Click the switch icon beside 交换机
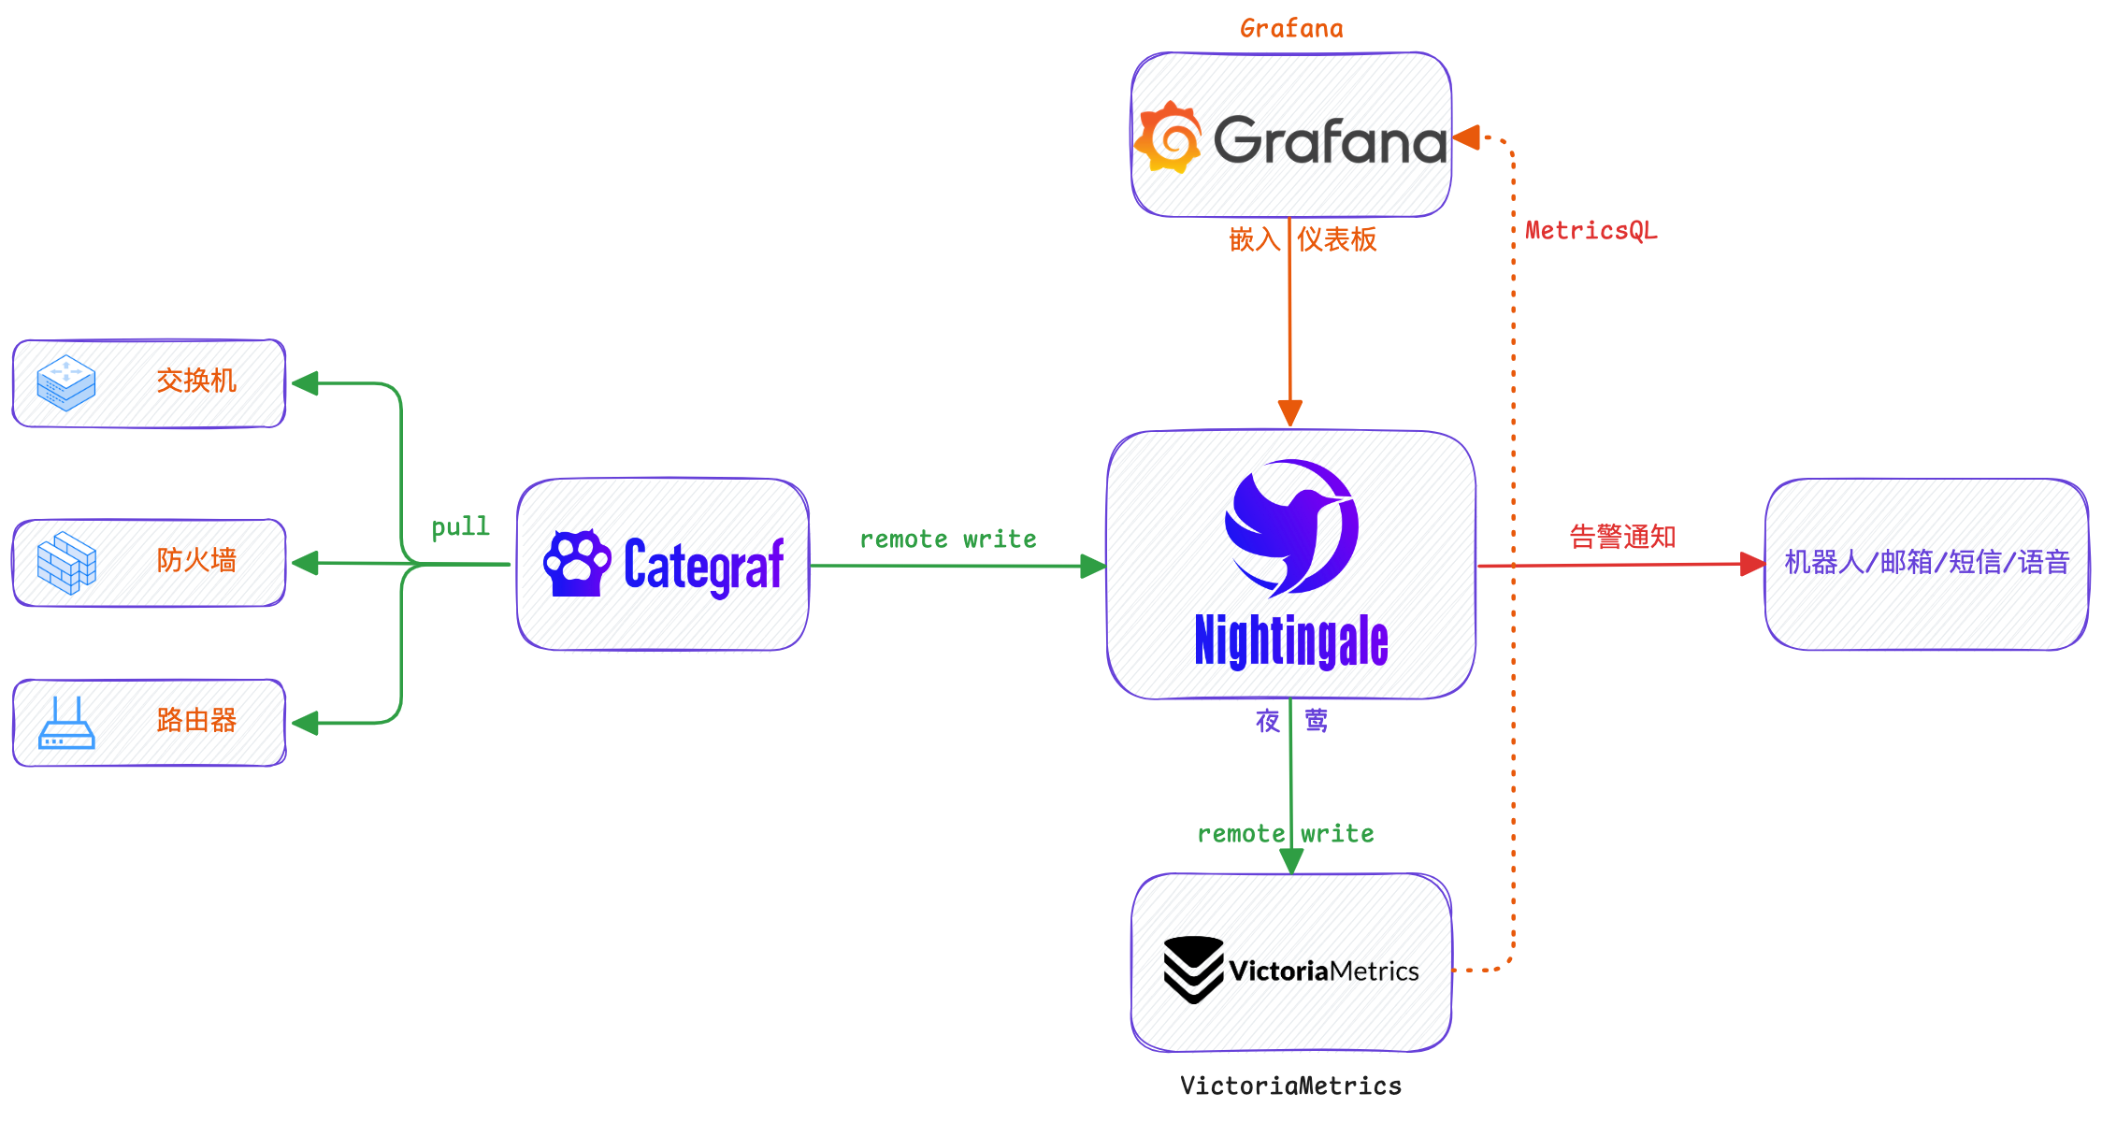(x=65, y=382)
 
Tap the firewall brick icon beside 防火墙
(x=65, y=563)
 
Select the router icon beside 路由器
(x=66, y=723)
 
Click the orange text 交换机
(x=196, y=381)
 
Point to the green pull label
(x=460, y=526)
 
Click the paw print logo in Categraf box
(x=576, y=564)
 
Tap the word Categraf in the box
(x=703, y=566)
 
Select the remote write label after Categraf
(x=947, y=539)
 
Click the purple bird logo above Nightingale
(x=1290, y=527)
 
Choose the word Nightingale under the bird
(x=1290, y=641)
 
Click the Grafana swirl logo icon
(x=1168, y=138)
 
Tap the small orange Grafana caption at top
(x=1291, y=29)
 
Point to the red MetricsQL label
(x=1591, y=231)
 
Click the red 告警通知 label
(x=1622, y=537)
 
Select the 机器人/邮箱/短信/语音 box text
(x=1926, y=562)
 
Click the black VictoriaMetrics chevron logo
(x=1193, y=970)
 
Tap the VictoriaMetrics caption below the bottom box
(x=1290, y=1086)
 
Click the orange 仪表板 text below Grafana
(x=1336, y=239)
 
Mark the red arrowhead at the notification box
(x=1751, y=564)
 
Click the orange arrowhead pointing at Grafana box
(x=1466, y=138)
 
